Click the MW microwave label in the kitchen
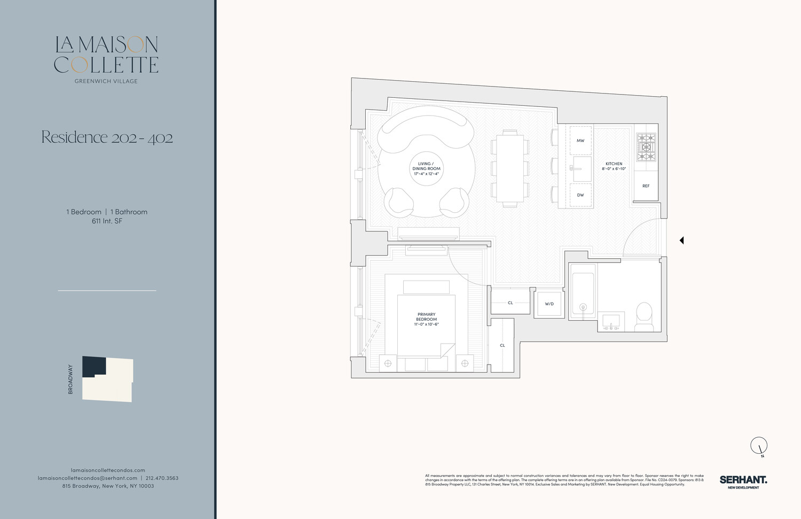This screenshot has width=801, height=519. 580,141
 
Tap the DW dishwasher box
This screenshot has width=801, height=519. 580,195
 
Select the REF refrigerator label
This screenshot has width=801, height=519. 646,186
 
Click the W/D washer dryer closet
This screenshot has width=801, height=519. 549,304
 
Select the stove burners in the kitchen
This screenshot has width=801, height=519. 646,147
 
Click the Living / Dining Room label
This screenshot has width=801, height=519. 426,168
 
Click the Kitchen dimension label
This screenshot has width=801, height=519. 614,166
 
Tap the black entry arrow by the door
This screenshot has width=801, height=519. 681,241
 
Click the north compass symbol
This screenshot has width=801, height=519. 759,445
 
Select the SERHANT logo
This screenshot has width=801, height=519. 743,480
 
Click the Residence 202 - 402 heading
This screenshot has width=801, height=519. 107,137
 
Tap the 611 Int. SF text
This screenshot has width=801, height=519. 107,221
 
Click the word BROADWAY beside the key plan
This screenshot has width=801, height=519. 70,379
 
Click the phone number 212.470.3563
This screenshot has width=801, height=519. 162,478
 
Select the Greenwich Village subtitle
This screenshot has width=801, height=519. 106,81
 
